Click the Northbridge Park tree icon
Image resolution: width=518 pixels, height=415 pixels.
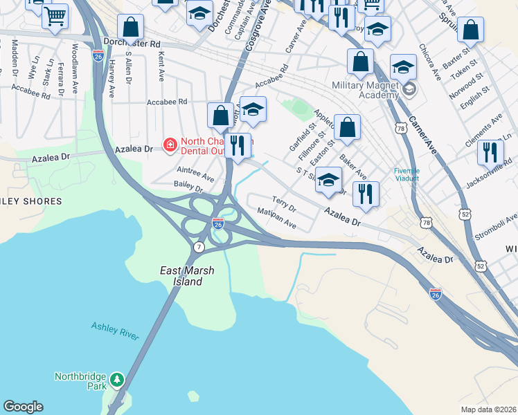118,379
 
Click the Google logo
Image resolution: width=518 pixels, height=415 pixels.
23,407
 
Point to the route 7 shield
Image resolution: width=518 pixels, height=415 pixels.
199,247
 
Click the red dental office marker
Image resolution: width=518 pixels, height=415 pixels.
169,145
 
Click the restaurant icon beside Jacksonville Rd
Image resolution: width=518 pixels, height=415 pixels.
490,152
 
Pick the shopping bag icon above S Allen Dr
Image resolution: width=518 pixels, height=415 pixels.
130,28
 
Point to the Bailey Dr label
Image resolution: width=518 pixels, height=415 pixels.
188,187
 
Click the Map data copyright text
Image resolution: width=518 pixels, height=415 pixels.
488,409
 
